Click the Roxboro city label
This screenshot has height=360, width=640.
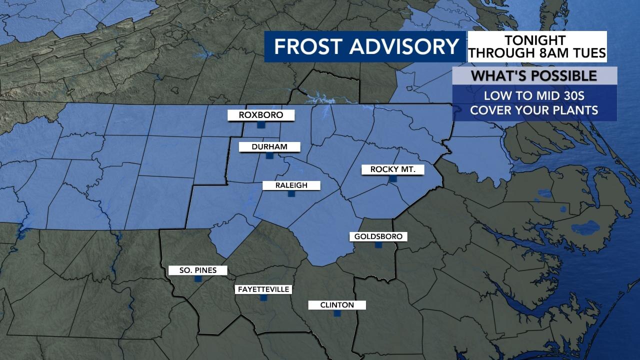click(260, 115)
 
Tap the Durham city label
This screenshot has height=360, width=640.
click(269, 146)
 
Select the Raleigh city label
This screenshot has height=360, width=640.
click(291, 185)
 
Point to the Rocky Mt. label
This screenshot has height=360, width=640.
click(392, 169)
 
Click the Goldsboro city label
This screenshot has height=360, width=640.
click(378, 236)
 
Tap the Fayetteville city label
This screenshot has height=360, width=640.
click(263, 289)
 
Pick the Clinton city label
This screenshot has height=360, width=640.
click(337, 305)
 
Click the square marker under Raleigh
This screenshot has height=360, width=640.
click(291, 194)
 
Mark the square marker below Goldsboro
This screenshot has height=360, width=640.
click(378, 245)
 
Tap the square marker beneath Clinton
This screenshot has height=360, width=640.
click(337, 313)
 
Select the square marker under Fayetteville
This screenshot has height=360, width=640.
click(263, 298)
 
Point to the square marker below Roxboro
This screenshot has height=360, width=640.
click(260, 124)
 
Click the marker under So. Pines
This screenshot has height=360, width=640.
click(197, 279)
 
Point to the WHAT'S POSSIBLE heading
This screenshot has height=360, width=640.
click(534, 76)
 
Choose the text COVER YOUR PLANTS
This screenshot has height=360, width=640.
click(534, 110)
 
